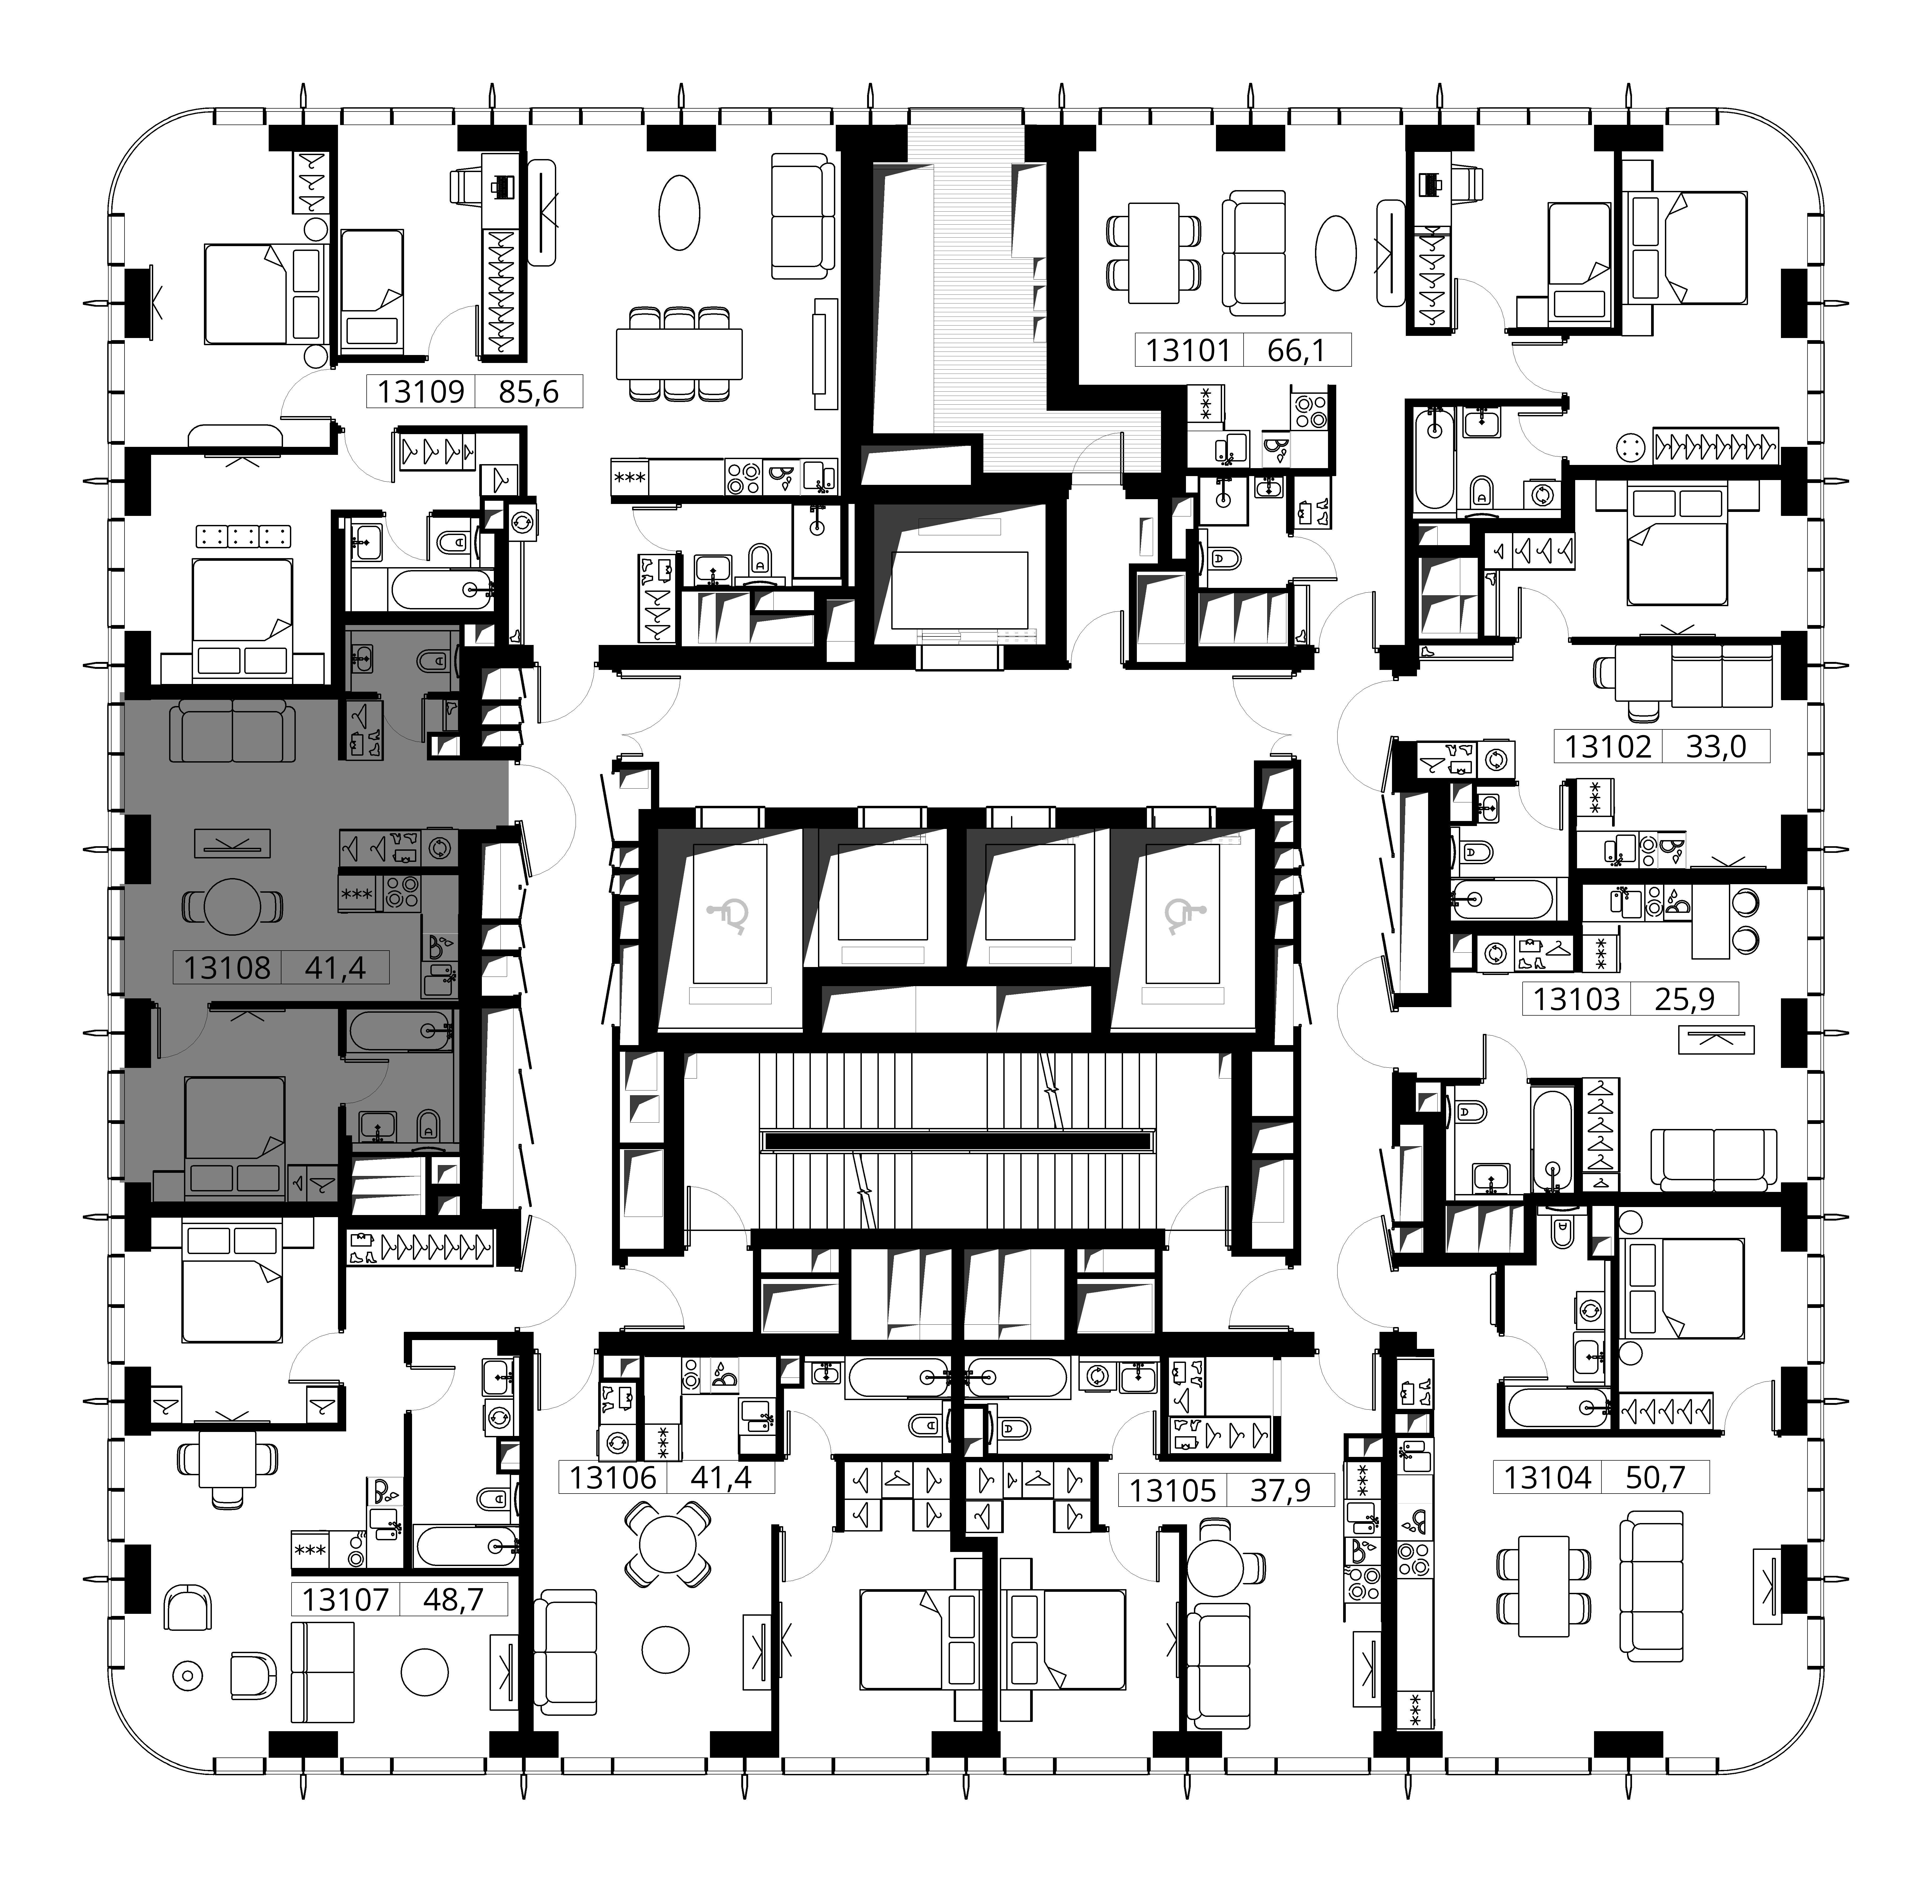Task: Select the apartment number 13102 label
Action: tap(1608, 746)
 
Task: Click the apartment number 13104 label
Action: tap(1548, 1478)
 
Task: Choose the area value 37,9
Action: tap(1281, 1490)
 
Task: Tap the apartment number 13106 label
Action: tap(613, 1478)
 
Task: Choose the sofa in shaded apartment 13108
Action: tap(232, 730)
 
